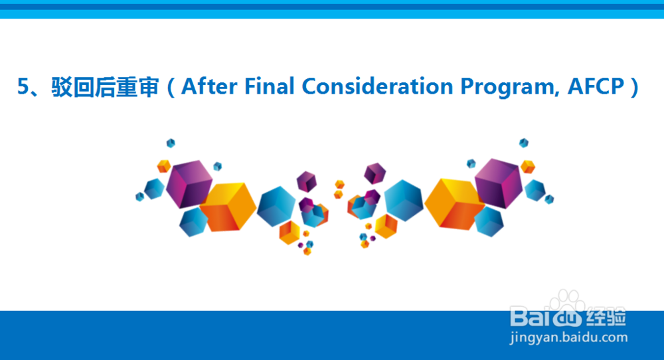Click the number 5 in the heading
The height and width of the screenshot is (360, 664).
(x=23, y=86)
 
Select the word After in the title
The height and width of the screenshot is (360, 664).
(x=209, y=86)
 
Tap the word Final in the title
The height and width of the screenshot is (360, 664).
(x=270, y=86)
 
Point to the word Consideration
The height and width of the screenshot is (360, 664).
(x=377, y=86)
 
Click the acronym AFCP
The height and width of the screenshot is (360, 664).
(x=596, y=86)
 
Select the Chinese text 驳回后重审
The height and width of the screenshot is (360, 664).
(x=105, y=87)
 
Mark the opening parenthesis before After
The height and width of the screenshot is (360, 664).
(x=171, y=87)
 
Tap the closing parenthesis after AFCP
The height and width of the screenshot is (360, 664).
(x=634, y=87)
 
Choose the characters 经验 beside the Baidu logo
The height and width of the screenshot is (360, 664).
(x=606, y=317)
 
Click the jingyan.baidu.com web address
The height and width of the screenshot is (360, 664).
(x=569, y=337)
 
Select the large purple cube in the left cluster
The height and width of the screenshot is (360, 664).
(x=189, y=183)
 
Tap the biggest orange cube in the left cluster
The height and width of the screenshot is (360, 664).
(x=228, y=207)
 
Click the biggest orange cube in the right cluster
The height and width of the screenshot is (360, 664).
(x=454, y=205)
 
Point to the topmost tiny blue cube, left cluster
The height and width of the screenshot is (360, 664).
(x=171, y=143)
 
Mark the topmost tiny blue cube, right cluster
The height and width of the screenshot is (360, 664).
(x=524, y=143)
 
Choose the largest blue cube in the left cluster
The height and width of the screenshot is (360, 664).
(x=276, y=207)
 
